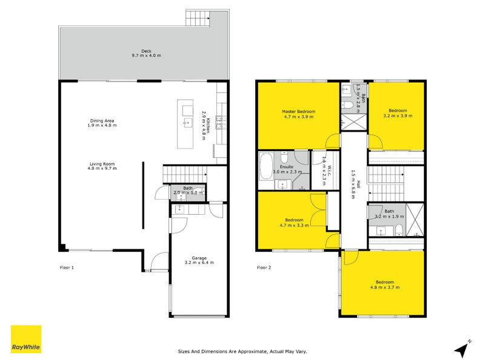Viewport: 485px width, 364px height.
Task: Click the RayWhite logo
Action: pos(26,339)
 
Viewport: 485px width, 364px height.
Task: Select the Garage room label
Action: pos(199,259)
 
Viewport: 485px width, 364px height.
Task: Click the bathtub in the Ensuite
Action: pos(266,169)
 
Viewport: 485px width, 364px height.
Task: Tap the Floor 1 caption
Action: pos(66,268)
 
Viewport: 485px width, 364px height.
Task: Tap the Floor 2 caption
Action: pos(264,268)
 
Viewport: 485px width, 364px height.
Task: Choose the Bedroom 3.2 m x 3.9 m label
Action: pos(397,113)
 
